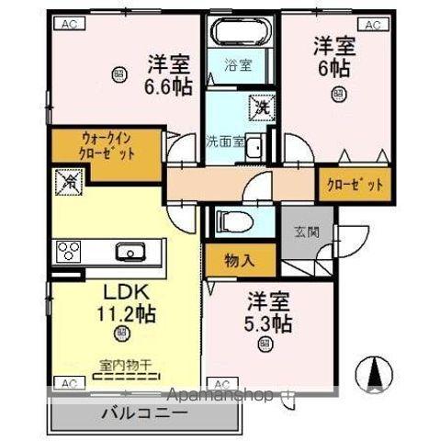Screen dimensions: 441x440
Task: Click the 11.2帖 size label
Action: pos(125,314)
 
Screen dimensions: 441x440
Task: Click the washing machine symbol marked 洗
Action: pos(260,107)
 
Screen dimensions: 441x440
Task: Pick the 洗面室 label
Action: pos(223,142)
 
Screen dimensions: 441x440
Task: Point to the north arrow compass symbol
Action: pos(375,372)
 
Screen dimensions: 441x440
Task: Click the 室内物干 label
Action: pos(125,365)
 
